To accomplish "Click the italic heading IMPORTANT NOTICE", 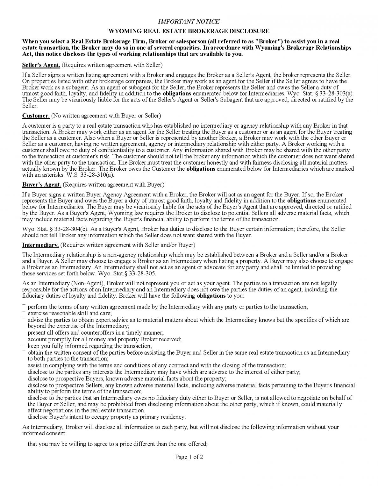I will click(189, 22).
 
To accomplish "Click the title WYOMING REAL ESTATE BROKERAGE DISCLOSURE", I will click(189, 31).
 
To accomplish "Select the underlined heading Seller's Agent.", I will click(41, 65).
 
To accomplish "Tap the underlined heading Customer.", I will click(36, 115).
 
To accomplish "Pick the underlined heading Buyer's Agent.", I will click(41, 184).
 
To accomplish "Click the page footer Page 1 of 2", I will click(189, 457).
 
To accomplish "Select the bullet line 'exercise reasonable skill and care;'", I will click(70, 313).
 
